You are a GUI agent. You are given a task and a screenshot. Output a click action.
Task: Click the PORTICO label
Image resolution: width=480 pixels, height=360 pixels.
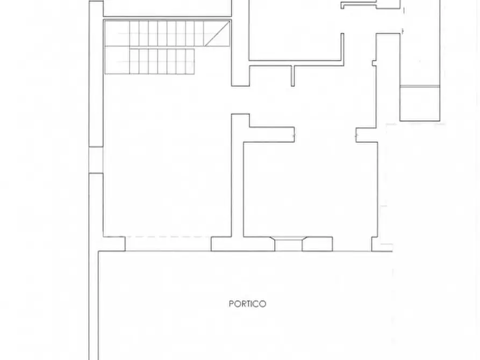coord(247,304)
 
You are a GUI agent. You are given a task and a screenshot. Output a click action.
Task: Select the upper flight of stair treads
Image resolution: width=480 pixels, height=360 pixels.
coord(161,34)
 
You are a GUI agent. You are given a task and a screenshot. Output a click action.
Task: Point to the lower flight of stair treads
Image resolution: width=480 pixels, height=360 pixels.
coord(161,61)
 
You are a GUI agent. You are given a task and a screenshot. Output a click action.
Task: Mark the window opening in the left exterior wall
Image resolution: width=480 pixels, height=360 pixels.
coord(96,160)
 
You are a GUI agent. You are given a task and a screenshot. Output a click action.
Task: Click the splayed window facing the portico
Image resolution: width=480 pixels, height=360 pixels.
coord(289,244)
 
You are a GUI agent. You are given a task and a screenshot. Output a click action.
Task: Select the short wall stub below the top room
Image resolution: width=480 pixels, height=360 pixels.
coord(293,75)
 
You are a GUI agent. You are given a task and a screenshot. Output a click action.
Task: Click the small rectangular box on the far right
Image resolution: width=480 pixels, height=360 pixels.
coord(420,103)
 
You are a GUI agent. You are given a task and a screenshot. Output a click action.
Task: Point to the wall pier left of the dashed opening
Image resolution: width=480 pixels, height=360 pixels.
coord(112,244)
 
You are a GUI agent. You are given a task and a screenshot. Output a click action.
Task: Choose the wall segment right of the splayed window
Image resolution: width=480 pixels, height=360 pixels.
coord(317,244)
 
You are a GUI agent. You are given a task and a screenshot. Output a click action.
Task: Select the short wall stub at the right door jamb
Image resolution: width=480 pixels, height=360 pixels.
coord(366,134)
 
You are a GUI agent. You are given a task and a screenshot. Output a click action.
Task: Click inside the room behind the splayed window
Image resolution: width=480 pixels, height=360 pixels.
coord(309,188)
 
